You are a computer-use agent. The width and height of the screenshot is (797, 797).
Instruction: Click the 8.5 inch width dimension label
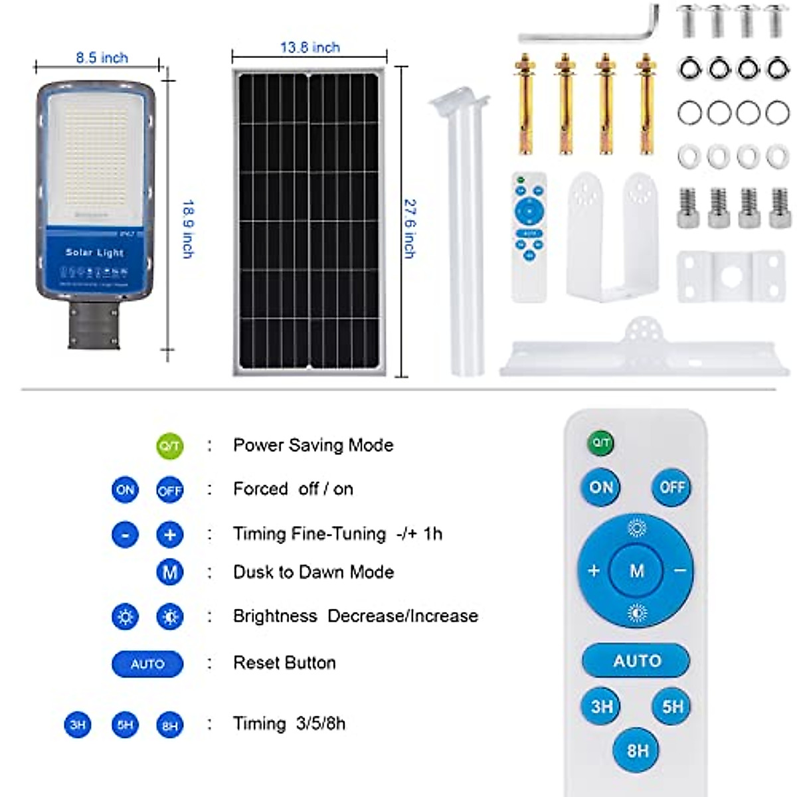tap(102, 58)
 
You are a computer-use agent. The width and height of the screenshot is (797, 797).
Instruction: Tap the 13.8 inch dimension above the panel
tap(310, 48)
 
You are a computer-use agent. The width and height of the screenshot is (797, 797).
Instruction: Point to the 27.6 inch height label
tap(410, 228)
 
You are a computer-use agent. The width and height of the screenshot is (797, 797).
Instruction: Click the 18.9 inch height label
tap(188, 228)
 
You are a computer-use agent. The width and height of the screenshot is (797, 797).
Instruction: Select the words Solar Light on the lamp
tap(94, 252)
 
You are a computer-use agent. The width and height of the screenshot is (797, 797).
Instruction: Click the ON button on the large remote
tap(601, 487)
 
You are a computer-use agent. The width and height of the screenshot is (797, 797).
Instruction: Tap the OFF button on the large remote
tap(671, 487)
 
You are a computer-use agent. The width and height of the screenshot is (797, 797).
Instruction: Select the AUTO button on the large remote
tap(636, 661)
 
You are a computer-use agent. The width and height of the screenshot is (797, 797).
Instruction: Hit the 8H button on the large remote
tap(637, 750)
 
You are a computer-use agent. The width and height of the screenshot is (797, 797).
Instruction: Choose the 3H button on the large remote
tap(602, 706)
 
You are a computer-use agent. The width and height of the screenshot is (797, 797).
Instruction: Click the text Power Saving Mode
tap(313, 445)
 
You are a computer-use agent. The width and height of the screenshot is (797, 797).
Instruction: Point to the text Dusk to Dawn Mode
tap(313, 572)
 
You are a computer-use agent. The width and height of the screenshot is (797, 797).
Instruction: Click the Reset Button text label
tap(284, 663)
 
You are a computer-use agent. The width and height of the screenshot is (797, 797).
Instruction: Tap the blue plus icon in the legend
tap(169, 535)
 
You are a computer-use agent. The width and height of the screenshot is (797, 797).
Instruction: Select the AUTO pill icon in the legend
tap(147, 664)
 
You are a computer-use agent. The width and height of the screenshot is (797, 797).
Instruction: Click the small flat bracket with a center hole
tap(731, 276)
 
